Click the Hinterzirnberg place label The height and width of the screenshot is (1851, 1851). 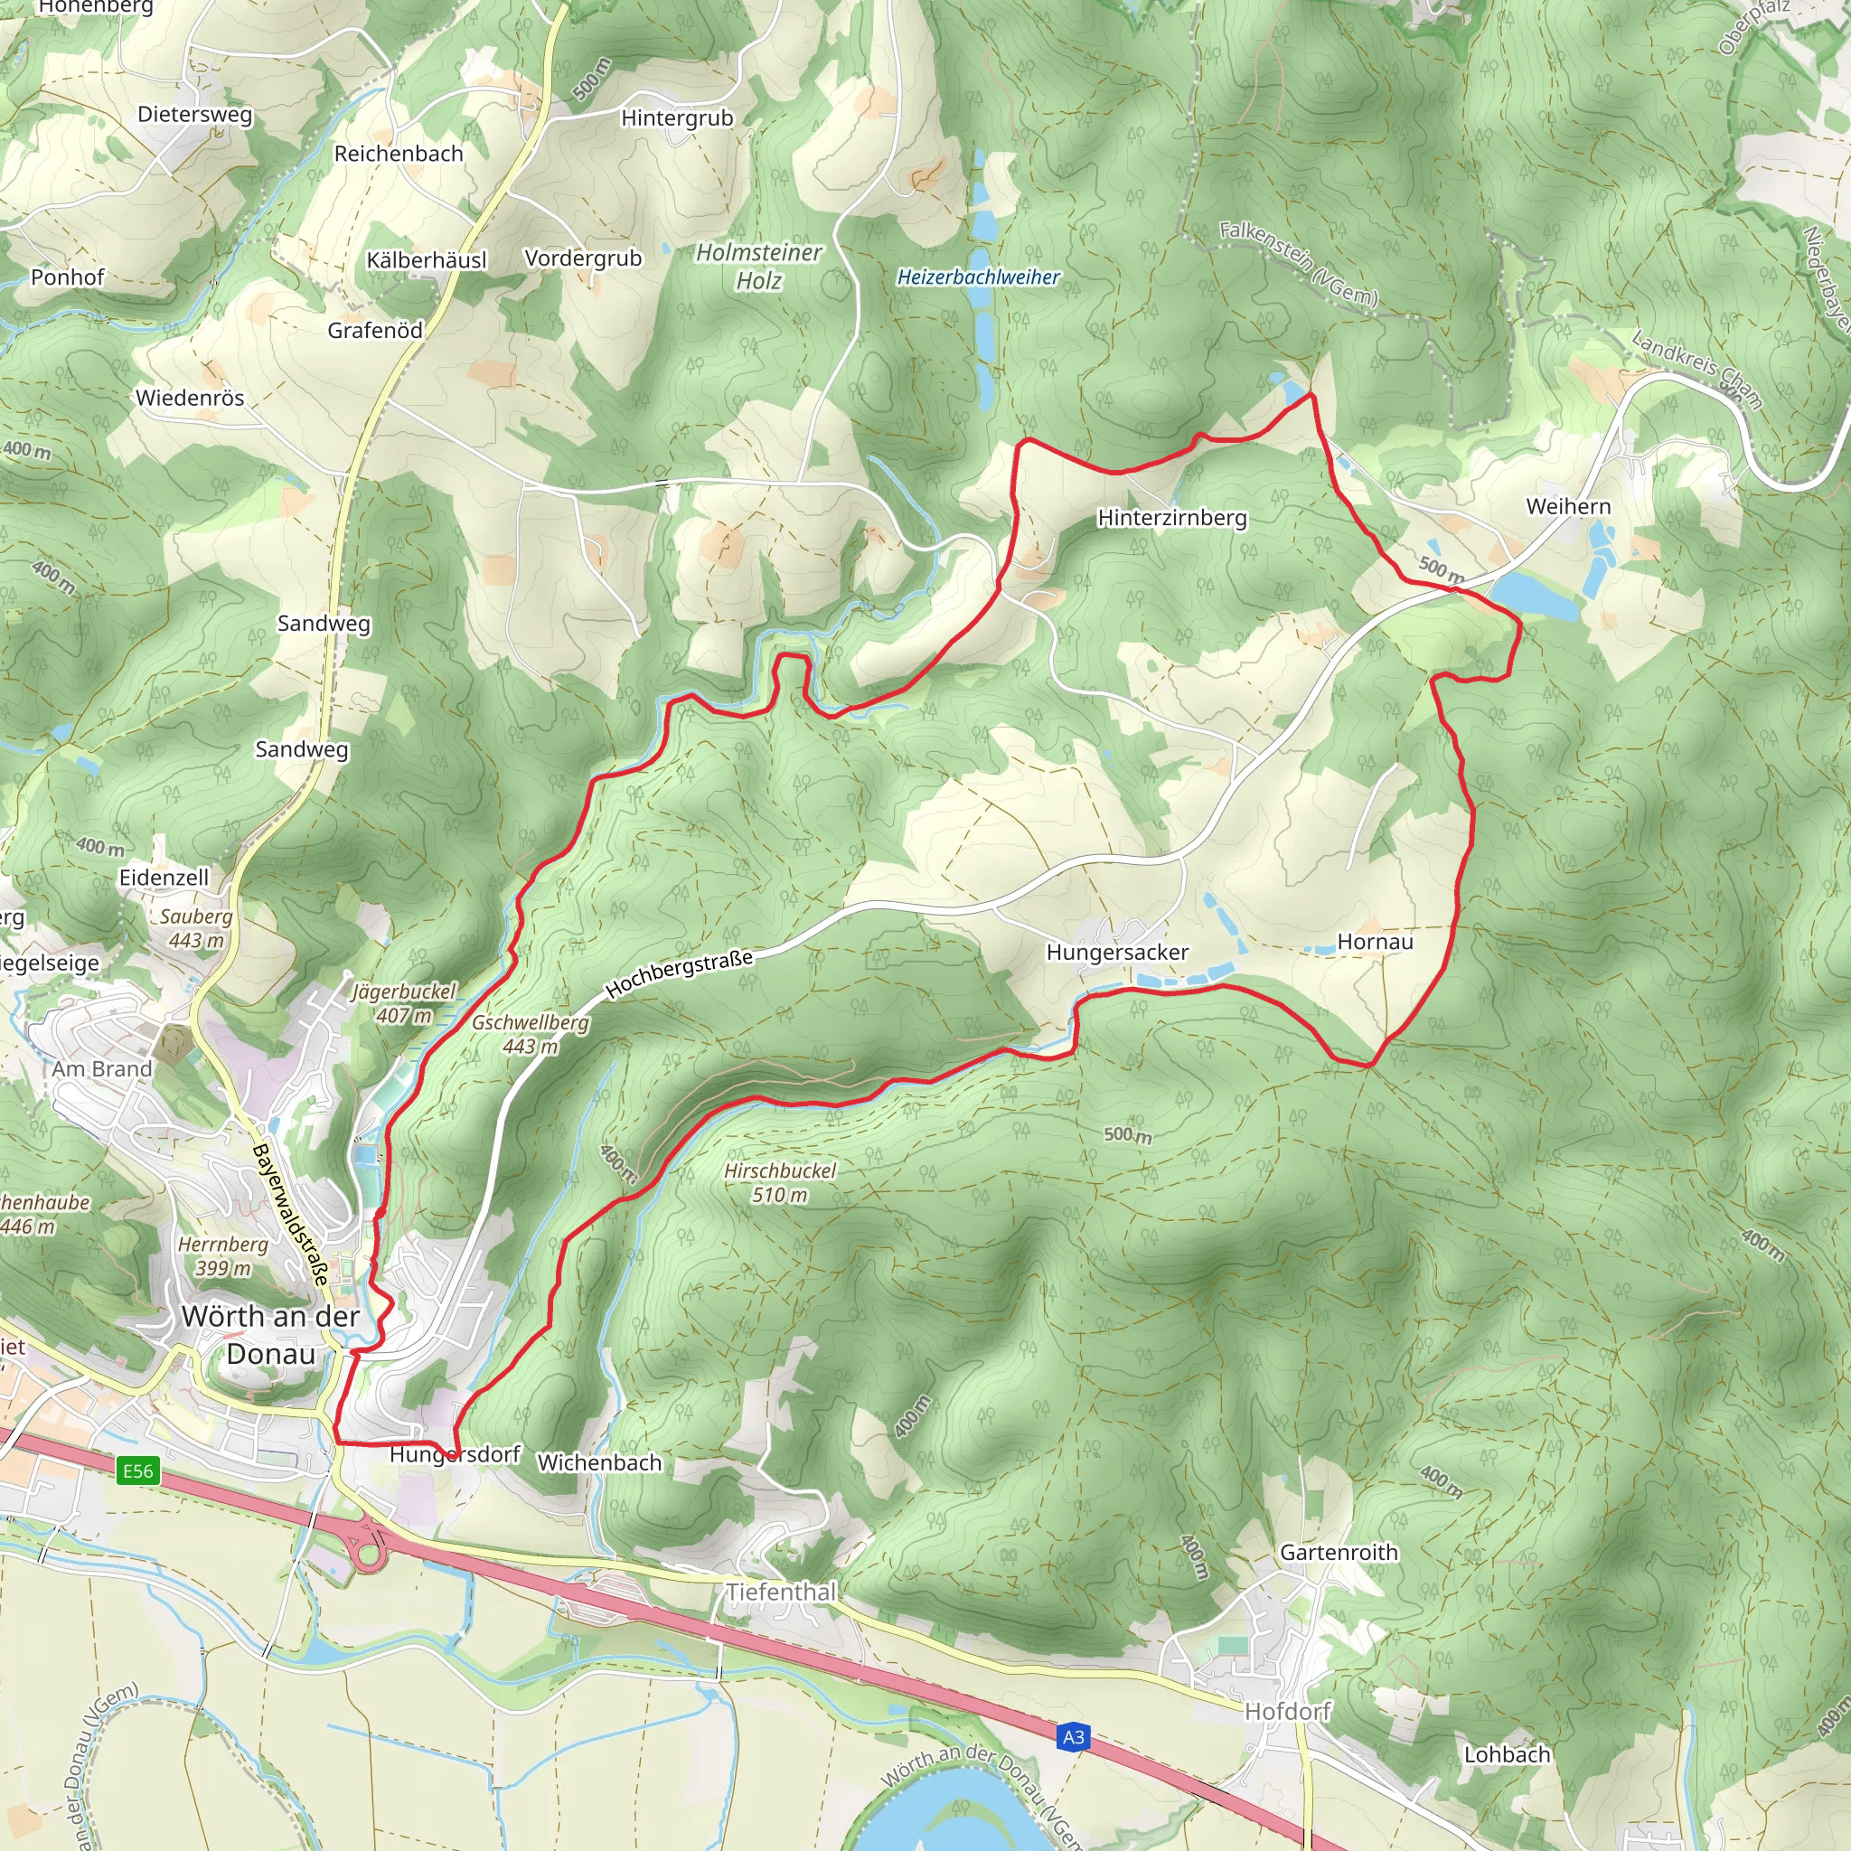[1171, 517]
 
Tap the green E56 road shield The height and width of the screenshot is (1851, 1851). [137, 1470]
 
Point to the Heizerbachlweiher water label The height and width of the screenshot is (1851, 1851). [977, 277]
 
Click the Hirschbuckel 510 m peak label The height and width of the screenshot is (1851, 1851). [779, 1182]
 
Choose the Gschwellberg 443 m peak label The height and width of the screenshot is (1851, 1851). [530, 1034]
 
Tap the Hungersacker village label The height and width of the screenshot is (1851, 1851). [1117, 953]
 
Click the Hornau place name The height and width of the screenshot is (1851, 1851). [1375, 942]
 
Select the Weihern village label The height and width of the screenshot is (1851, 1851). [1567, 506]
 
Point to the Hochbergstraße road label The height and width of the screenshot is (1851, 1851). [680, 972]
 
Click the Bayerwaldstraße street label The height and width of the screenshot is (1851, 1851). [290, 1213]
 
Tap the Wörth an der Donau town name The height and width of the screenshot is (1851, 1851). [270, 1335]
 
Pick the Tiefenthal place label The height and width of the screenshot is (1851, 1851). [781, 1592]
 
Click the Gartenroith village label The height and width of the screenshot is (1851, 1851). [1339, 1552]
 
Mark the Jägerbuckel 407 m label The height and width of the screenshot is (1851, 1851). [403, 1003]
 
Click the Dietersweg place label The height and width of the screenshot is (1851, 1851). [194, 114]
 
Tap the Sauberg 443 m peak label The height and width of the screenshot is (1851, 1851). [195, 927]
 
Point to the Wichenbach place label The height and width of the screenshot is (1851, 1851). [599, 1463]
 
